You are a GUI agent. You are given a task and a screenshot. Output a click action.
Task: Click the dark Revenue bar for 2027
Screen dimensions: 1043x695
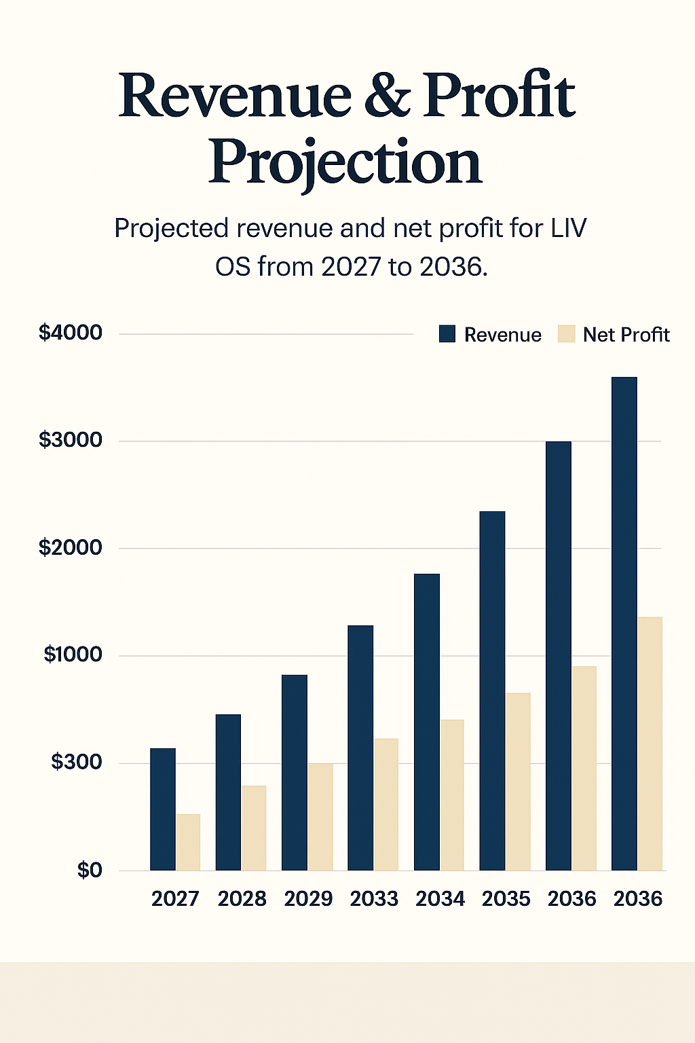tap(163, 809)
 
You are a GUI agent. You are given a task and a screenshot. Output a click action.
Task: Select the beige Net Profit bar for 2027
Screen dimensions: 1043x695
tap(188, 842)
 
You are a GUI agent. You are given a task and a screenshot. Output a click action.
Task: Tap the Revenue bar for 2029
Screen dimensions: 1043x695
tap(295, 772)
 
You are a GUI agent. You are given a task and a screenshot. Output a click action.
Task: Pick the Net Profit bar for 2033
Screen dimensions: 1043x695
tap(386, 804)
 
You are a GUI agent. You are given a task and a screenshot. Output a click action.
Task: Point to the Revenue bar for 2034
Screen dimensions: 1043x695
tap(427, 722)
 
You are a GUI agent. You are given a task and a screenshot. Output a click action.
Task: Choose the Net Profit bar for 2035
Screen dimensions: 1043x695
tap(518, 782)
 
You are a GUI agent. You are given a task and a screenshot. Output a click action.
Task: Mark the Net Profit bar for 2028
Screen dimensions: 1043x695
tap(254, 828)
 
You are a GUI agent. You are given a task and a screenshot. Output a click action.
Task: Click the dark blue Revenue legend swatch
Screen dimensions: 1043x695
tap(447, 334)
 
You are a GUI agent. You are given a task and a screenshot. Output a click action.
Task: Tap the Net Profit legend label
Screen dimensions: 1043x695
tap(626, 335)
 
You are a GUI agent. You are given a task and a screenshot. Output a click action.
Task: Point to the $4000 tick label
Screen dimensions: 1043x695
tap(71, 333)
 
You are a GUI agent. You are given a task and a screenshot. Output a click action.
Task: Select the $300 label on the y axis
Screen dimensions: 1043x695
tap(76, 762)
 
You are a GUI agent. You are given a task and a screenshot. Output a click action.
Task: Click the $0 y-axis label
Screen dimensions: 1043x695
tap(89, 870)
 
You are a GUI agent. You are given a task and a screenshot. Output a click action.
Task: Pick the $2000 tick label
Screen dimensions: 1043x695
tap(71, 547)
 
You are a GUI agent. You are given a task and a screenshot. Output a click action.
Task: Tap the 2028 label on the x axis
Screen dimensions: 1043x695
tap(242, 899)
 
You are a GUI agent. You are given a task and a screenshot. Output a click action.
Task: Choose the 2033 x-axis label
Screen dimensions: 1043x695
tap(374, 899)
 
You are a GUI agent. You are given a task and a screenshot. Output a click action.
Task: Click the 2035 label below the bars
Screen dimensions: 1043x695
tap(506, 899)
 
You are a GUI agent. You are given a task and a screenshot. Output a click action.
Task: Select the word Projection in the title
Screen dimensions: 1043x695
tap(345, 163)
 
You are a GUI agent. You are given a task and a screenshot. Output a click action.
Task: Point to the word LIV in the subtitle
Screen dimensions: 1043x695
tap(569, 229)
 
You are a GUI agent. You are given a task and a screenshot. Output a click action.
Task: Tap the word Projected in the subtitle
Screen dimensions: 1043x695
tap(172, 229)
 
